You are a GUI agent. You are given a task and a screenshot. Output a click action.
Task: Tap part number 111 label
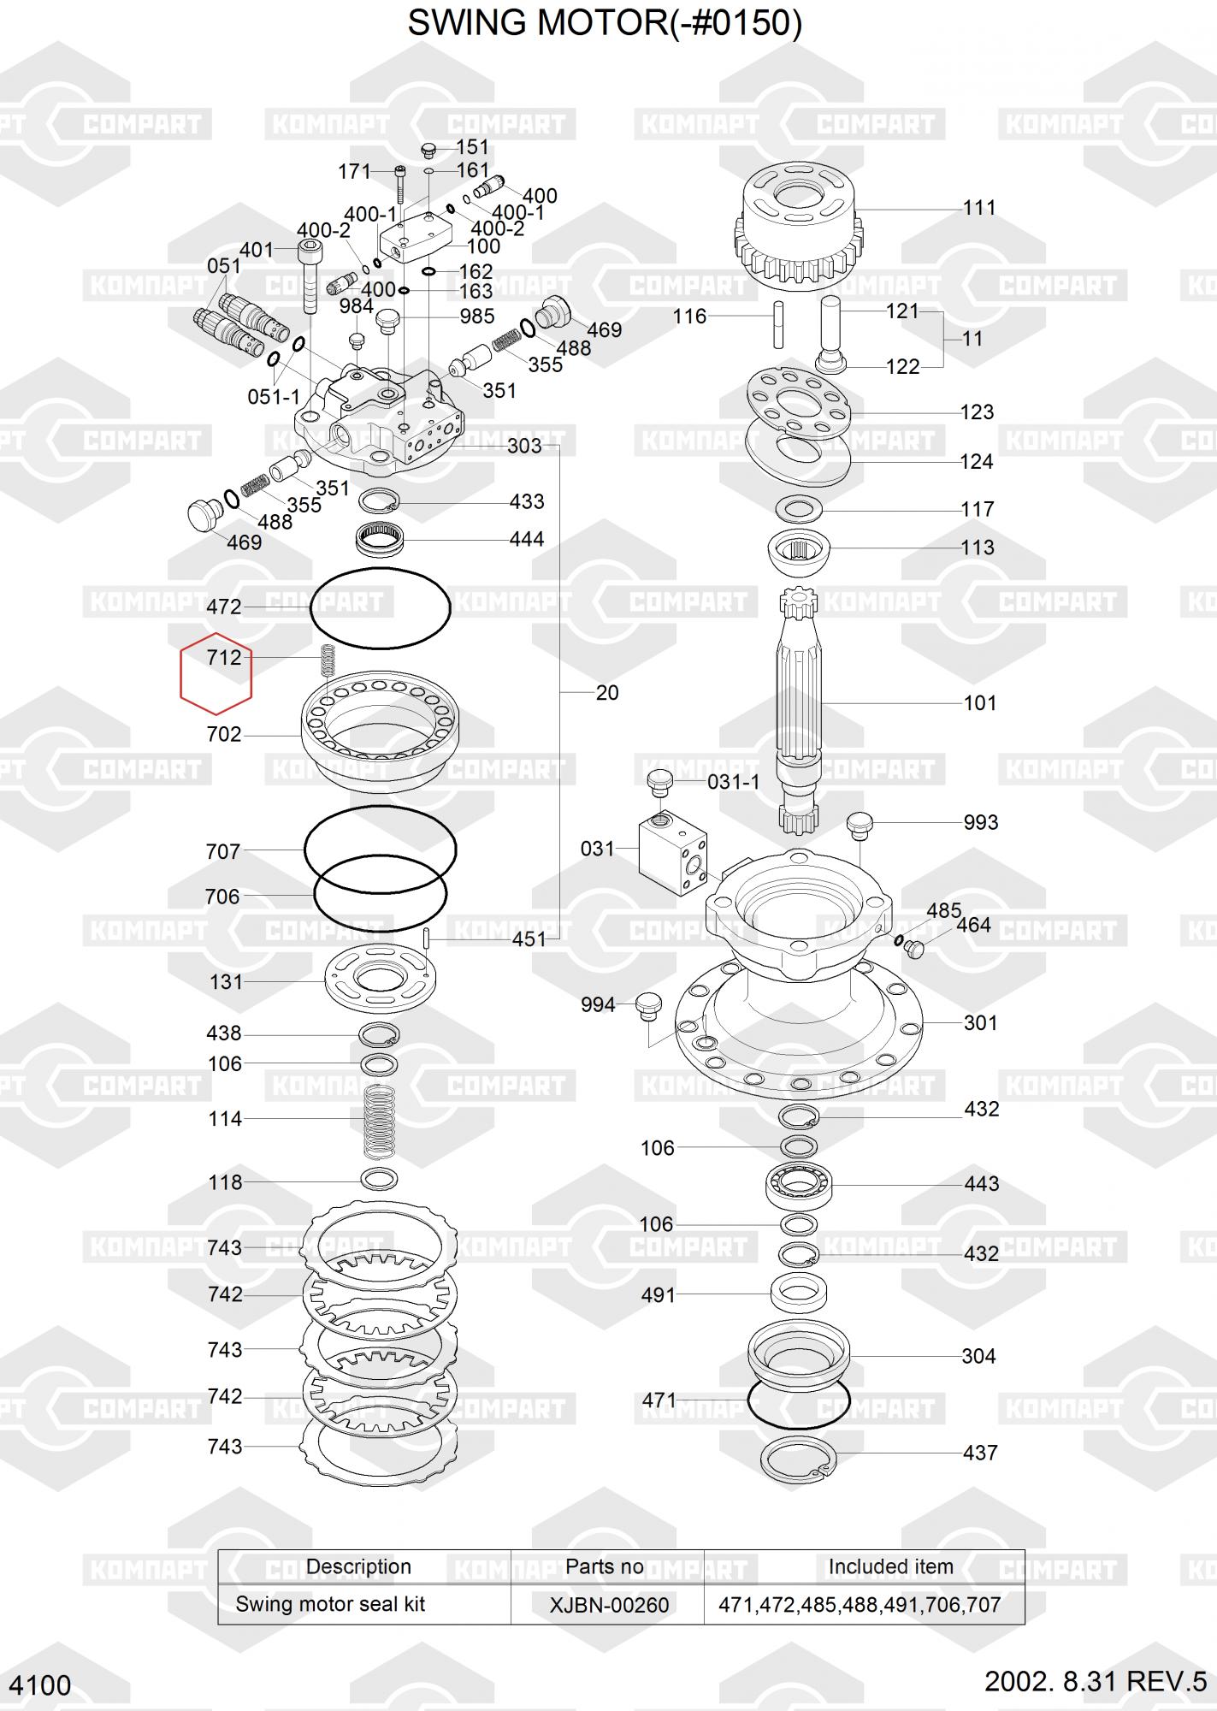pyautogui.click(x=979, y=208)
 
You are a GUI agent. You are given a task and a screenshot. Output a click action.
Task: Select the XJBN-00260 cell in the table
pyautogui.click(x=609, y=1605)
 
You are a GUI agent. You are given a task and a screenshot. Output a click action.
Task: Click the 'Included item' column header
pyautogui.click(x=890, y=1566)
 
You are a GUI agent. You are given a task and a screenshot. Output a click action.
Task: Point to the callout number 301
pyautogui.click(x=980, y=1023)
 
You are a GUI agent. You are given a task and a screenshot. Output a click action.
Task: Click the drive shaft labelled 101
pyautogui.click(x=799, y=710)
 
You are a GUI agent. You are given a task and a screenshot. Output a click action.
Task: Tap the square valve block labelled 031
pyautogui.click(x=673, y=854)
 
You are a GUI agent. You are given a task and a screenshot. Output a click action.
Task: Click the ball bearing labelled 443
pyautogui.click(x=799, y=1185)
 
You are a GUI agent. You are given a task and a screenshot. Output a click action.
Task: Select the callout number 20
pyautogui.click(x=607, y=693)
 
